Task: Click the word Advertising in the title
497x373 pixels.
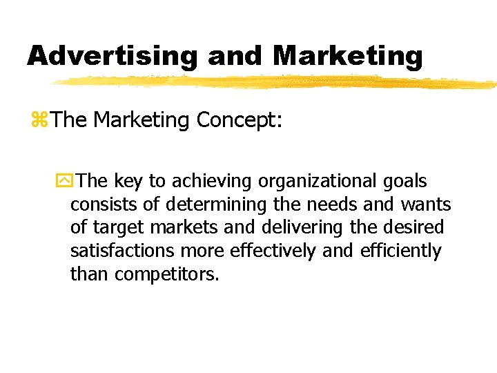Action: [113, 55]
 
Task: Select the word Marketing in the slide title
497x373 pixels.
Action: [348, 55]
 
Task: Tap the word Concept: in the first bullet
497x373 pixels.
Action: [240, 120]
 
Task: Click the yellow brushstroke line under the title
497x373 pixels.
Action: [276, 82]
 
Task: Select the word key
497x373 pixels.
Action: [128, 182]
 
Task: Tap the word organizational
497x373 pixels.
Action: [317, 182]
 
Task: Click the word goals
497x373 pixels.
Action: [405, 182]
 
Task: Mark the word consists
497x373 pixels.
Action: [97, 205]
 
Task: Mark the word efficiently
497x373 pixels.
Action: [400, 251]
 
